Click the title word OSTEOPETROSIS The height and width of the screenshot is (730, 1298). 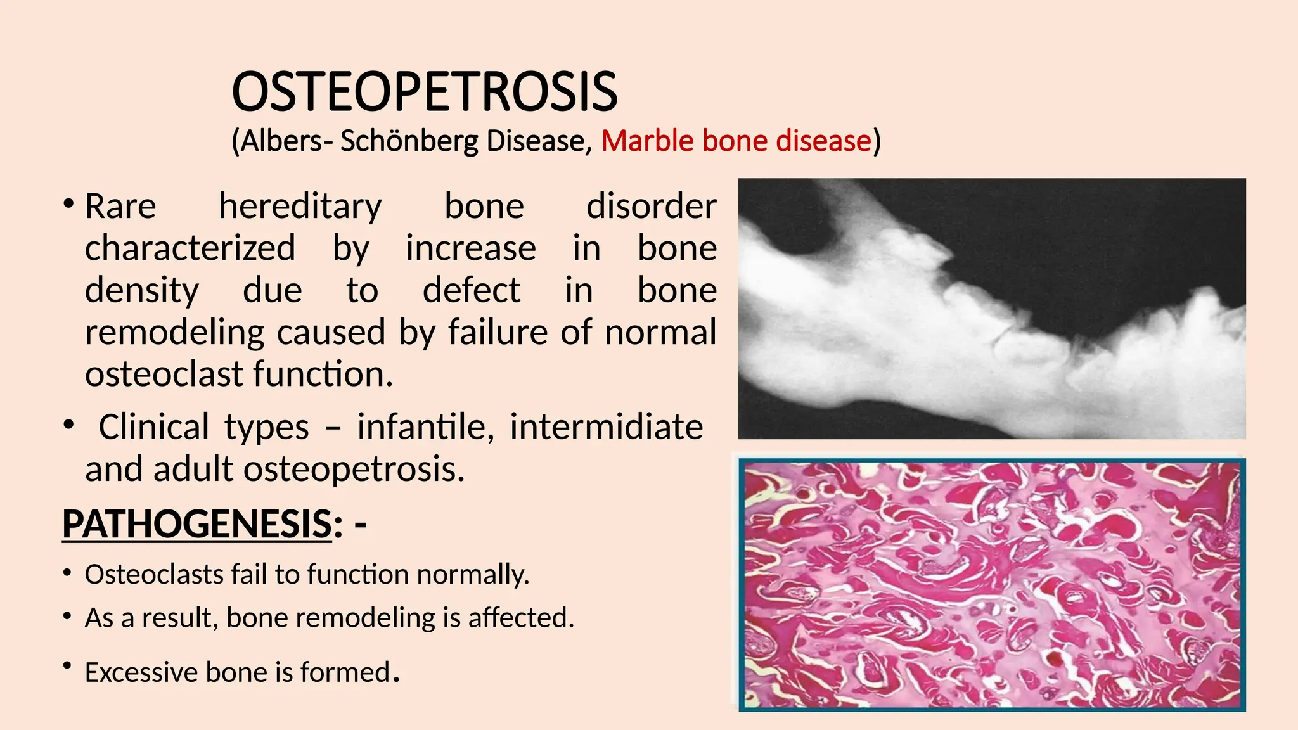(425, 92)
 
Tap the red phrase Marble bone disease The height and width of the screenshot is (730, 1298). (736, 141)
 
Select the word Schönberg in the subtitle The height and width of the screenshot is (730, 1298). (409, 141)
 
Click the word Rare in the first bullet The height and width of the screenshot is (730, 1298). (120, 207)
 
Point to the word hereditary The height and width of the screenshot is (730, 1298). (300, 207)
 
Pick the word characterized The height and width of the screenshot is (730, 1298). (190, 248)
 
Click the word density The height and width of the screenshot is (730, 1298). (142, 290)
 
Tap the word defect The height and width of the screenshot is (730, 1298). (472, 290)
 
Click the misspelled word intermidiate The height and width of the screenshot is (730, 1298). (606, 426)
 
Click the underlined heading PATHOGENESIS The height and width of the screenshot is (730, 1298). (197, 525)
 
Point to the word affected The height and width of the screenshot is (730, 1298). (521, 618)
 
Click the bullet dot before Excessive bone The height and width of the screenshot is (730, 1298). (67, 665)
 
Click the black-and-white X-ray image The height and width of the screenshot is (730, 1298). (992, 309)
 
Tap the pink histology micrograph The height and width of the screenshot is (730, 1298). (992, 584)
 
